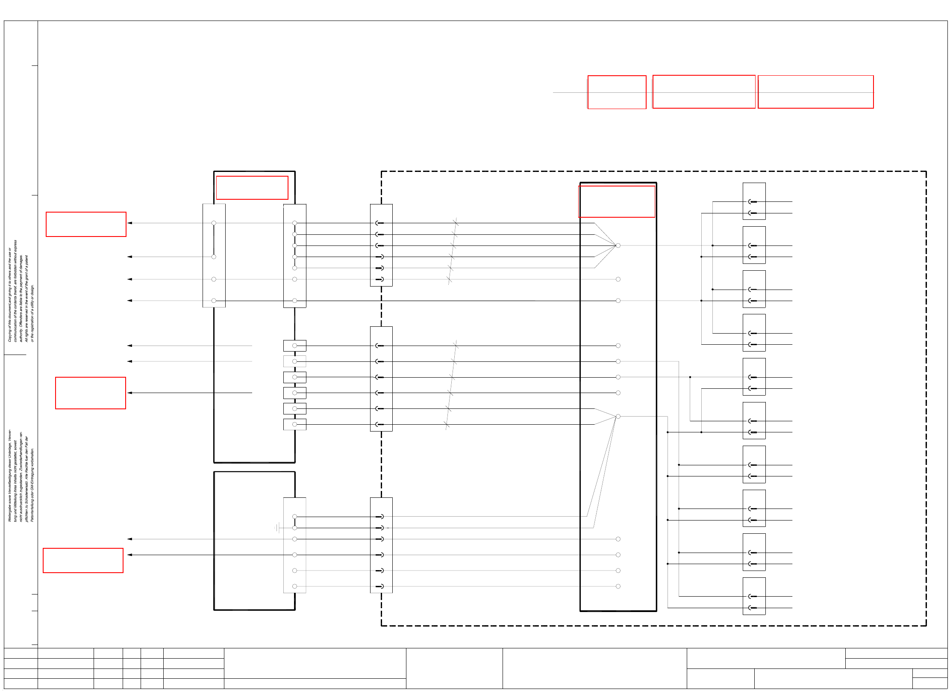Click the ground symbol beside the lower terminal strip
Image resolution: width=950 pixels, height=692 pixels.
click(x=277, y=528)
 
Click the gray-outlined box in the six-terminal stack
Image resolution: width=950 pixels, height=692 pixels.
click(x=294, y=361)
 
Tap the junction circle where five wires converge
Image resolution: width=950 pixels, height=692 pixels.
click(x=618, y=245)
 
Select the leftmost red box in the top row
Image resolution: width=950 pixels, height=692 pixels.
click(x=617, y=92)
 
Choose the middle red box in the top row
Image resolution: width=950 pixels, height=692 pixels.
click(x=703, y=92)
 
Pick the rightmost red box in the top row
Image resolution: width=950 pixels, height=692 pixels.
click(x=815, y=92)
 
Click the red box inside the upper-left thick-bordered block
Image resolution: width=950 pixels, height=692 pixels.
click(x=252, y=188)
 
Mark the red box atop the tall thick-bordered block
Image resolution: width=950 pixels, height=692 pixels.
click(x=617, y=201)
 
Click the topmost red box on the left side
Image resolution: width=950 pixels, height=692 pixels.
click(x=86, y=224)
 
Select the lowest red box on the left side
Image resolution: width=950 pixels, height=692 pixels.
click(x=83, y=560)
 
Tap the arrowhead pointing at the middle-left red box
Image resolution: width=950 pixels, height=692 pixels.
click(x=129, y=393)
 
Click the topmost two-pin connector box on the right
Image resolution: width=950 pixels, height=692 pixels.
click(x=754, y=201)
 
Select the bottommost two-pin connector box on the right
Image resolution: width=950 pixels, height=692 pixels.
click(x=754, y=596)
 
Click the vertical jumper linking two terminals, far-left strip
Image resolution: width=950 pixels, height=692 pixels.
click(x=214, y=240)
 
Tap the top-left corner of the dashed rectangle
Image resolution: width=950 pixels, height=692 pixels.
click(x=382, y=172)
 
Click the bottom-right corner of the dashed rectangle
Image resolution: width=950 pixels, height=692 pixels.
click(x=926, y=626)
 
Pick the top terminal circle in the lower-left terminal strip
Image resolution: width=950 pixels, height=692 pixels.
click(x=294, y=517)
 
